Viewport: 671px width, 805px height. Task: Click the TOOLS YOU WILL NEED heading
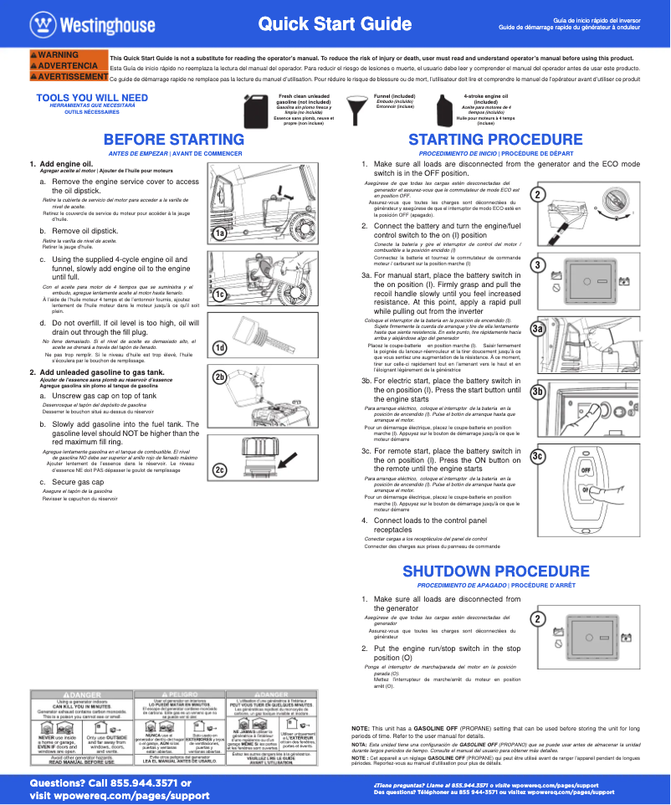92,98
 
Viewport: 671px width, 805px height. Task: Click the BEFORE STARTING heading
174,139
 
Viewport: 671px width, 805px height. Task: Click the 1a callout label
219,234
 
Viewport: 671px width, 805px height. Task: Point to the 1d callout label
219,347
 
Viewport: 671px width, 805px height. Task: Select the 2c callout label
219,470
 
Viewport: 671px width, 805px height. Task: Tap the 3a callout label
538,331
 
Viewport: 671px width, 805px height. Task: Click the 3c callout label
538,456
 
